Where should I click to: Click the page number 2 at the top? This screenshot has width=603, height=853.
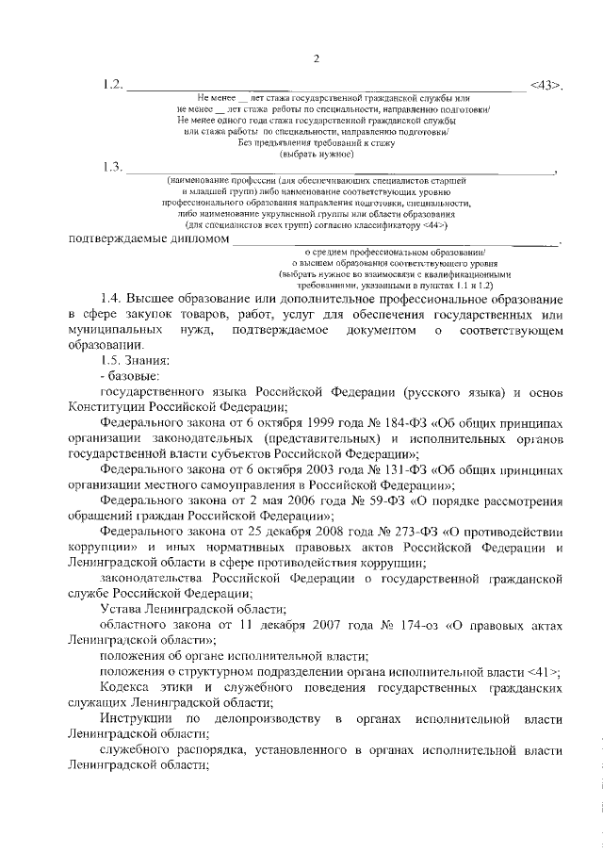click(x=317, y=59)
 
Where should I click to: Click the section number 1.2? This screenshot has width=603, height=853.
click(x=113, y=86)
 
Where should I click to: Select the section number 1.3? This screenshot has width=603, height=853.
click(x=113, y=167)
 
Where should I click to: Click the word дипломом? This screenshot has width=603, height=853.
click(x=197, y=240)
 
